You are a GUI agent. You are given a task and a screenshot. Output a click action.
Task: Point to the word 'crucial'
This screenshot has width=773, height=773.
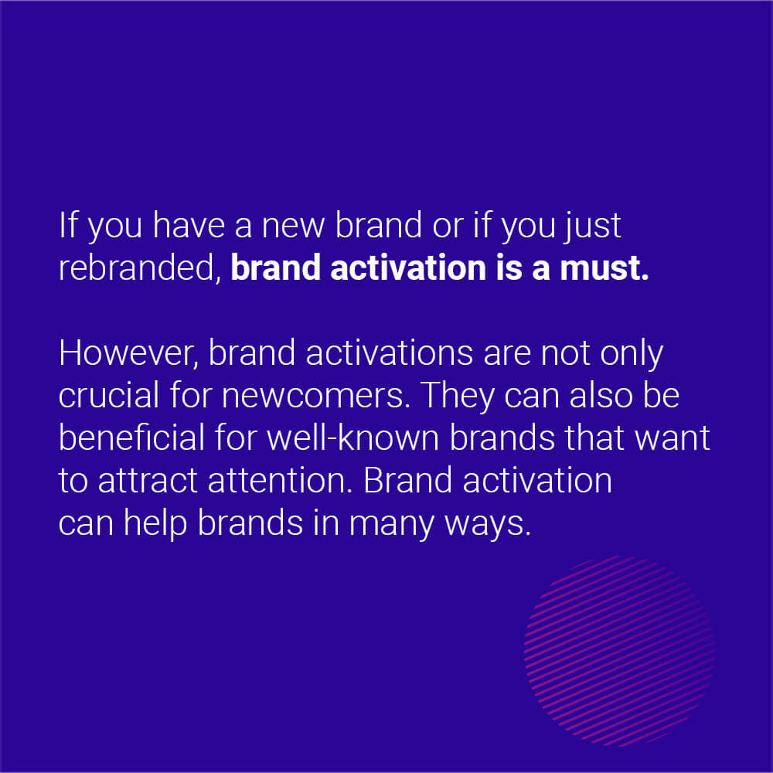coord(109,395)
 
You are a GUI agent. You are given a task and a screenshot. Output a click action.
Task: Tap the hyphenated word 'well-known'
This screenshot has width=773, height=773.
coord(353,438)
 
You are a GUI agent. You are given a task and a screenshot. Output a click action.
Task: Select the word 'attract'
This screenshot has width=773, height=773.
coord(148,481)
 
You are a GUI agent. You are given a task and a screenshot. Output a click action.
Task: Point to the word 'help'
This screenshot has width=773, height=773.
coord(155,523)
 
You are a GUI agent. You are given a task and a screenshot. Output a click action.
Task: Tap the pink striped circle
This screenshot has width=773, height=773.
coord(620,651)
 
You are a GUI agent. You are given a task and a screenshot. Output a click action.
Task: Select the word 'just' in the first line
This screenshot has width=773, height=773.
coord(592,226)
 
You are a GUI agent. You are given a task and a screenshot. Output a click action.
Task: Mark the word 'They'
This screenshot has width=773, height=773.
coord(457,396)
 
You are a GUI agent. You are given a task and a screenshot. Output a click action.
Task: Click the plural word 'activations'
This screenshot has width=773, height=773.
coord(389,353)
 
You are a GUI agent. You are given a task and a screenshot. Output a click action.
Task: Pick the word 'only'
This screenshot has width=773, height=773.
coord(632,354)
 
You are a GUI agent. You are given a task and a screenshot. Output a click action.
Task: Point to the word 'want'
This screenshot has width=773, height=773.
coord(673,438)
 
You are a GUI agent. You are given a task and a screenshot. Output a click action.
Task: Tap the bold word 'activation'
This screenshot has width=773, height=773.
coord(409,267)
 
